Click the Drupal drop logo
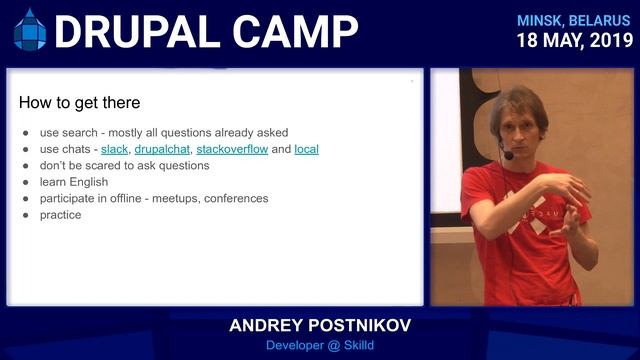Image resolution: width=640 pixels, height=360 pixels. click(x=30, y=30)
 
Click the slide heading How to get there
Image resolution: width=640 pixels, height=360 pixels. click(x=80, y=103)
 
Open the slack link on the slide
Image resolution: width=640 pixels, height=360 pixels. click(x=114, y=149)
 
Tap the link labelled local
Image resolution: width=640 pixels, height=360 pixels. click(x=306, y=149)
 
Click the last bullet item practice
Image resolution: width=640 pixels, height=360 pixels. click(x=60, y=214)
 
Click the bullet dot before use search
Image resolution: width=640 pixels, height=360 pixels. click(x=26, y=133)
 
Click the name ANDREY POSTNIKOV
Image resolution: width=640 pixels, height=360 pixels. click(x=319, y=326)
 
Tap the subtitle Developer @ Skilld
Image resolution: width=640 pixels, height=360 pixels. click(x=319, y=346)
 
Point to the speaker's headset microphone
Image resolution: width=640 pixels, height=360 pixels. click(x=508, y=155)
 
